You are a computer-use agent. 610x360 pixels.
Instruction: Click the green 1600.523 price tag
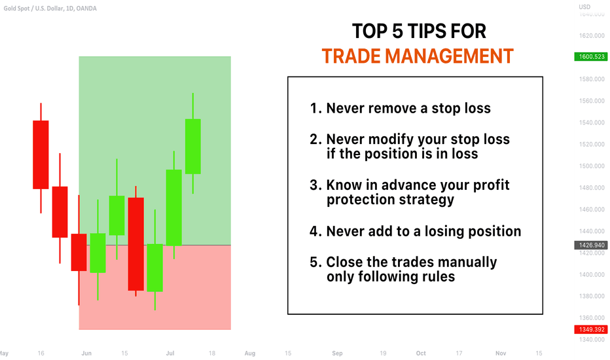pos(590,57)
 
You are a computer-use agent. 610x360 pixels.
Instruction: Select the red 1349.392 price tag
pos(590,330)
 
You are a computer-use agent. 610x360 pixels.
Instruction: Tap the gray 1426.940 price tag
pos(590,245)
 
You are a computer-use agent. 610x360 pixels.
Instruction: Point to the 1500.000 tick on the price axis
pos(592,166)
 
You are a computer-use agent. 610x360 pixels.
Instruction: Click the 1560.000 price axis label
pos(592,101)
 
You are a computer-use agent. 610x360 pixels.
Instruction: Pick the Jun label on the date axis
pos(86,353)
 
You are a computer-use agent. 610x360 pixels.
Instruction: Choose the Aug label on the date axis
pos(250,353)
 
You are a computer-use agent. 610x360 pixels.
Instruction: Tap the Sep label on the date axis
pos(337,353)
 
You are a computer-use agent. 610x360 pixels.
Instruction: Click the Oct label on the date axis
pos(421,353)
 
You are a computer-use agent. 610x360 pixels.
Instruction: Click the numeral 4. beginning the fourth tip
pos(315,232)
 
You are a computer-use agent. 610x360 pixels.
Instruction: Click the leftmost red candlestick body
pos(41,155)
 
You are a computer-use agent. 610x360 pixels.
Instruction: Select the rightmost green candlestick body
pos(193,147)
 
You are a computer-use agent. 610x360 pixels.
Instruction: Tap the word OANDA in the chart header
pos(86,8)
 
